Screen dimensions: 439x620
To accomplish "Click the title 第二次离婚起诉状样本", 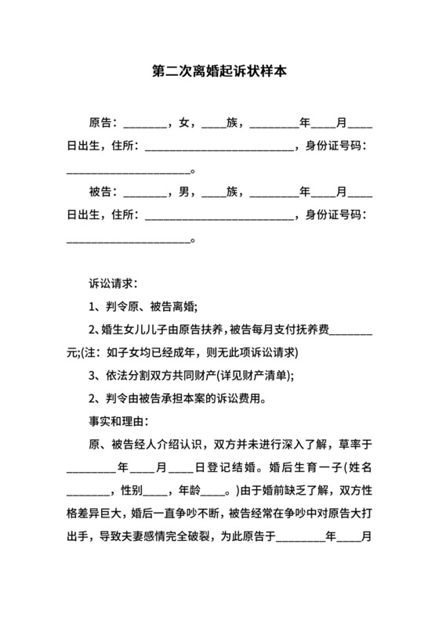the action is tap(219, 71).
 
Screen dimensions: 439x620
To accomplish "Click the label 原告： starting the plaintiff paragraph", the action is tap(104, 123).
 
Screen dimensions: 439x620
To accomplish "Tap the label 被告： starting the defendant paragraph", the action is tap(104, 192).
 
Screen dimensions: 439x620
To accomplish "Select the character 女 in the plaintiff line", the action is tap(184, 123).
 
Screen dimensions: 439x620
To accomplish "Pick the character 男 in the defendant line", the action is tap(184, 192).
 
